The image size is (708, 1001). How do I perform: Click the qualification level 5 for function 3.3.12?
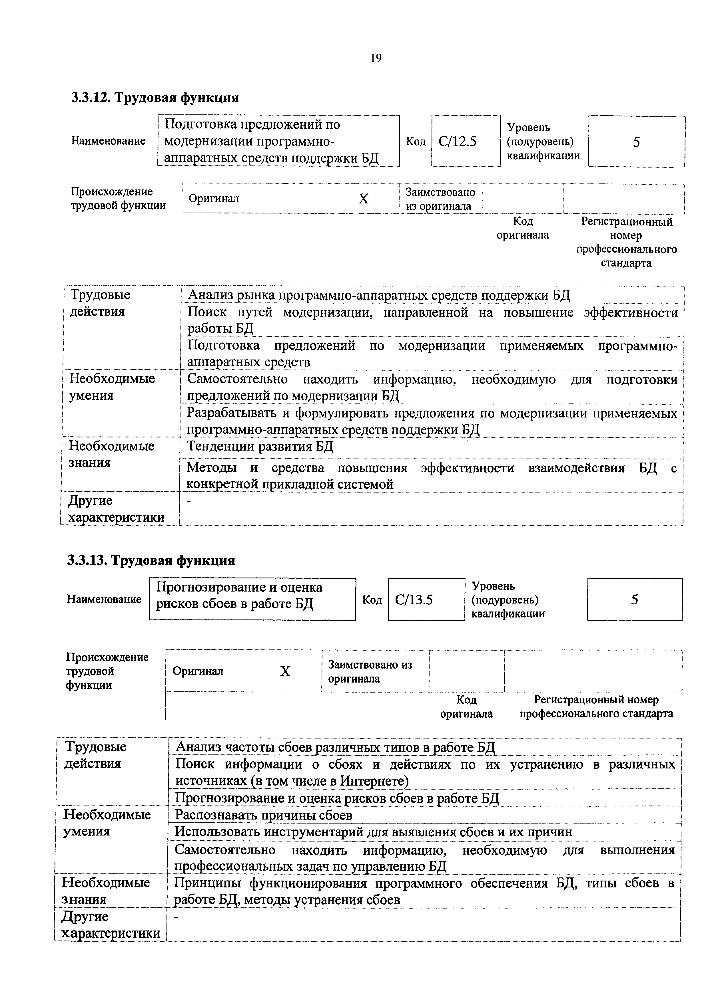pos(637,142)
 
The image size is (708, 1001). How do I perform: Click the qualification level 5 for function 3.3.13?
pos(634,600)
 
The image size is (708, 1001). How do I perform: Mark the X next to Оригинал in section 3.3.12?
pos(363,199)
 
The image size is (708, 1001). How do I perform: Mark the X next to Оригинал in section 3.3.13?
pos(285,671)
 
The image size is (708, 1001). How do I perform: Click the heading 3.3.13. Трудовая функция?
pos(151,560)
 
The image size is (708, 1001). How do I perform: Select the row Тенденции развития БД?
pos(260,447)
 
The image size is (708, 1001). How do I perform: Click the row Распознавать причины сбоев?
pos(264,815)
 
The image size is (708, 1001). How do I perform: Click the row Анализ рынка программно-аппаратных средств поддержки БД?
pos(379,296)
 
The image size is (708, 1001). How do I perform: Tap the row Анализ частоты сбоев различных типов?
pos(335,747)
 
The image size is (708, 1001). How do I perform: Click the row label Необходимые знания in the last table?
pos(106,891)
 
